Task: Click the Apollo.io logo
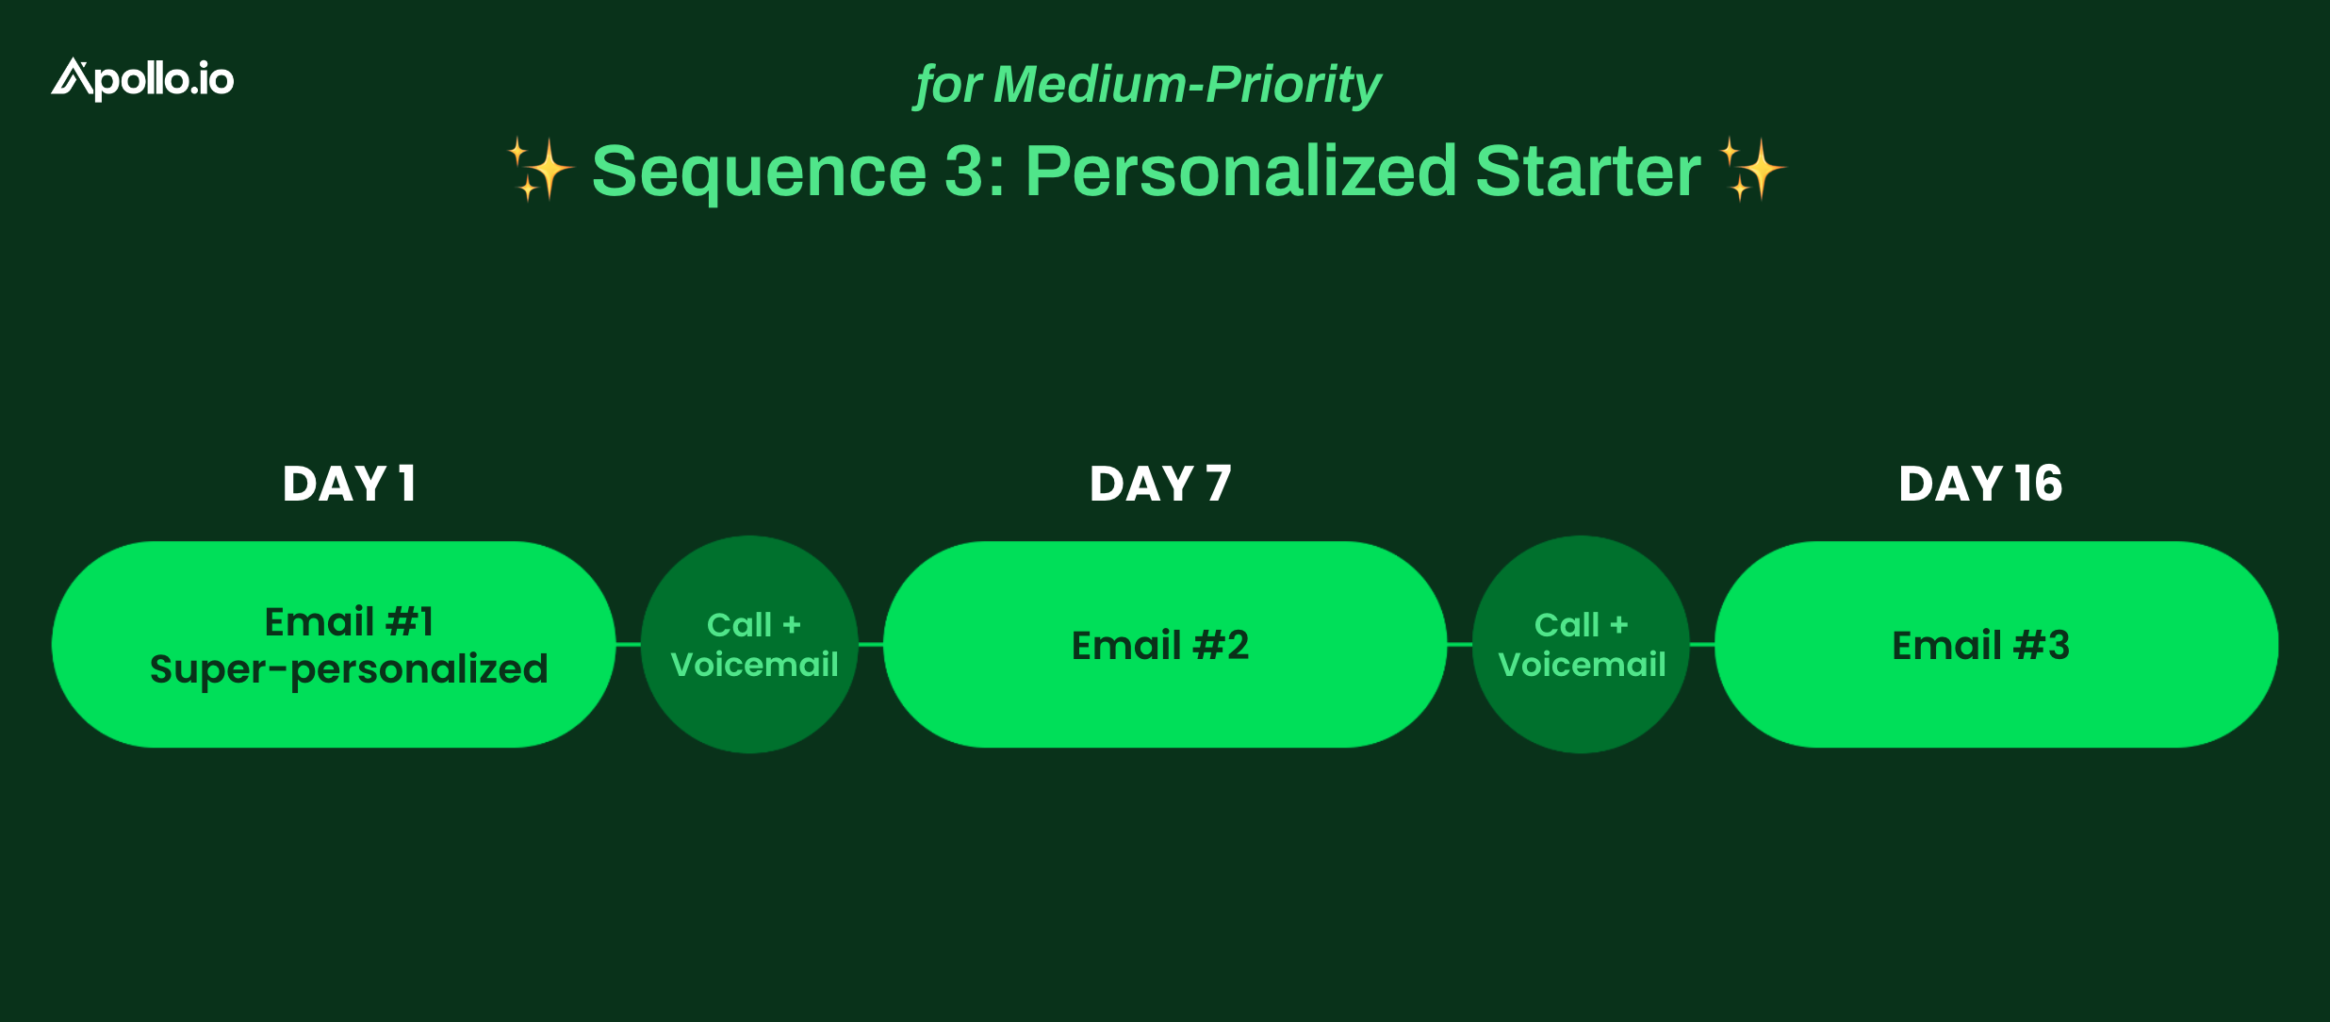click(x=142, y=79)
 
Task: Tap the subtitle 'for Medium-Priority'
click(x=1148, y=85)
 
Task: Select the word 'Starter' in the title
click(x=1588, y=171)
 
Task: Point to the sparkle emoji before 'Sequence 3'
click(x=541, y=170)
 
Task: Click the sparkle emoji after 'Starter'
click(x=1752, y=170)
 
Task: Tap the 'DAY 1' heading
click(x=349, y=485)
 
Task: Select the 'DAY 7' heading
click(x=1160, y=485)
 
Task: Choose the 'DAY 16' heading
click(x=1980, y=485)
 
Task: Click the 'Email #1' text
click(x=349, y=622)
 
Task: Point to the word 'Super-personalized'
click(x=349, y=669)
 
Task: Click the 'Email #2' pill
click(x=1165, y=645)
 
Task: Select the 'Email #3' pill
click(x=1996, y=645)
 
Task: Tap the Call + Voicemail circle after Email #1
click(x=749, y=645)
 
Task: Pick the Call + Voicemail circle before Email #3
click(x=1581, y=645)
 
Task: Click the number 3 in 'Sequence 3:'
click(x=964, y=172)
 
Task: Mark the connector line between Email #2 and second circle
click(x=1460, y=645)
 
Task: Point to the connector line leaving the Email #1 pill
click(x=629, y=645)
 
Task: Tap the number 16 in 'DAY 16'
click(x=2039, y=485)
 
